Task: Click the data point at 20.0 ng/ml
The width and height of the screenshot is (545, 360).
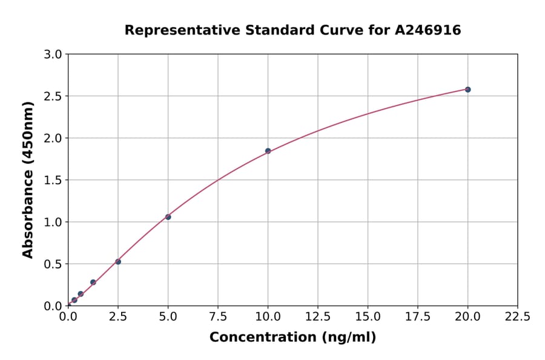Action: [467, 90]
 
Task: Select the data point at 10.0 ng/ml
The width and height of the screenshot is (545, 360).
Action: [268, 151]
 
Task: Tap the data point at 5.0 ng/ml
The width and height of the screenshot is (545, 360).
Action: [168, 217]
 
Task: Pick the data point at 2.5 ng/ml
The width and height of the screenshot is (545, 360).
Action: [118, 262]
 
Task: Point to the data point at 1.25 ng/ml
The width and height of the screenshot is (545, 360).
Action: [93, 282]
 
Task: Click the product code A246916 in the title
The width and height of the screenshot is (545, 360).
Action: [428, 30]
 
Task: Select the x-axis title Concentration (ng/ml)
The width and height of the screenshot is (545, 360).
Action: [292, 338]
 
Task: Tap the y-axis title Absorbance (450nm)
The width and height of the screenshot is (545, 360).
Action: [28, 180]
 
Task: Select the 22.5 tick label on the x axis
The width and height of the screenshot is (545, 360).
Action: [518, 317]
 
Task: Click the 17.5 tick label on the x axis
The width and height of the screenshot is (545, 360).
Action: [418, 317]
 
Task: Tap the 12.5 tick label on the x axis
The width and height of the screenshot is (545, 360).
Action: [318, 317]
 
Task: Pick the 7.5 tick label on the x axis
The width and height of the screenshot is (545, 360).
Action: [218, 317]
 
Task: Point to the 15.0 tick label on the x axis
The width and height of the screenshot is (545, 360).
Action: [368, 317]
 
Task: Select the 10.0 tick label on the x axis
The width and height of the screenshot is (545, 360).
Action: [268, 317]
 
